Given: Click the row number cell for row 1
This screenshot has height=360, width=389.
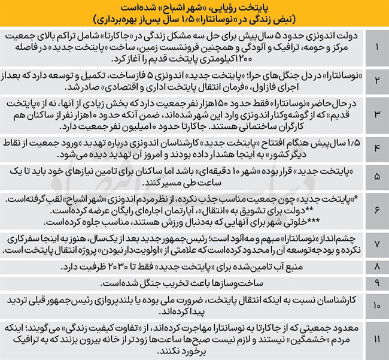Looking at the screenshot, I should coord(375,46).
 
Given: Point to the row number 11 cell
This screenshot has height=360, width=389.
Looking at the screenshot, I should coord(375,340).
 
